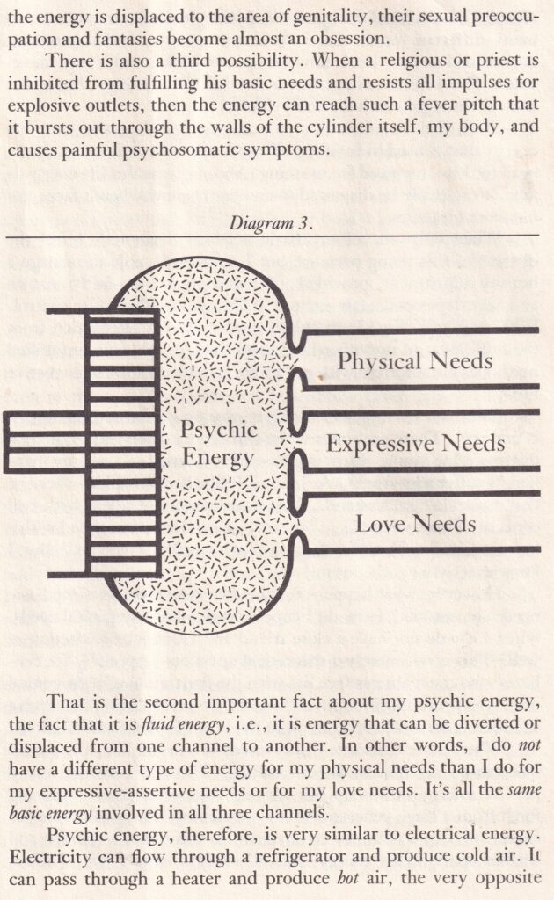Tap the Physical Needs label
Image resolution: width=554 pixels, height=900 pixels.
pyautogui.click(x=416, y=360)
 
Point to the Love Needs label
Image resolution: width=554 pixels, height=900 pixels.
pyautogui.click(x=416, y=525)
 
